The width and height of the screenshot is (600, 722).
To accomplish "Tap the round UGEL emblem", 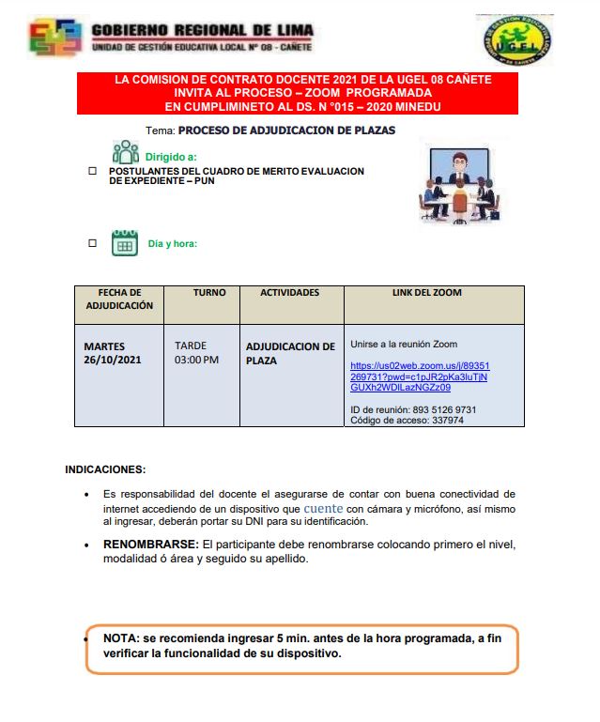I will point(513,40).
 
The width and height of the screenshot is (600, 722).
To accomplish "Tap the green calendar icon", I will point(124,243).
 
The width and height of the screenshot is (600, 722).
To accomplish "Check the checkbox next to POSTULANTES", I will point(92,172).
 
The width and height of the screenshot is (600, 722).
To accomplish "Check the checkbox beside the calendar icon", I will point(92,243).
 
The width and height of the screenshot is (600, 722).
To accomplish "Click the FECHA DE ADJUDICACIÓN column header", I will point(119,299).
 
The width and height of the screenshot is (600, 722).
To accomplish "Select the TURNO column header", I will point(209,293).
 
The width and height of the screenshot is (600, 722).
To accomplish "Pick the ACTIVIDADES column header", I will point(289,293).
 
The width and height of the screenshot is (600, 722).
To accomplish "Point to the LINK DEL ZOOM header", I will point(426,293).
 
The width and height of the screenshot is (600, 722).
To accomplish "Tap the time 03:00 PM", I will point(196,360).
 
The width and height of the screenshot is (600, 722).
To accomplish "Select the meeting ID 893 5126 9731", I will point(439,409).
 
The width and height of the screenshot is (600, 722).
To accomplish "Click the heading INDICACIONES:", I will point(105,469).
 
